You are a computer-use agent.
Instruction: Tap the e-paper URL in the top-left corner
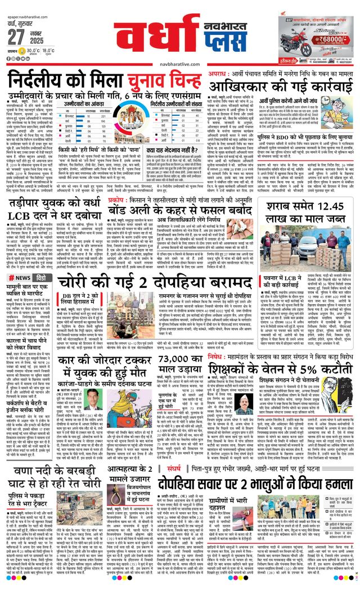tap(26, 4)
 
